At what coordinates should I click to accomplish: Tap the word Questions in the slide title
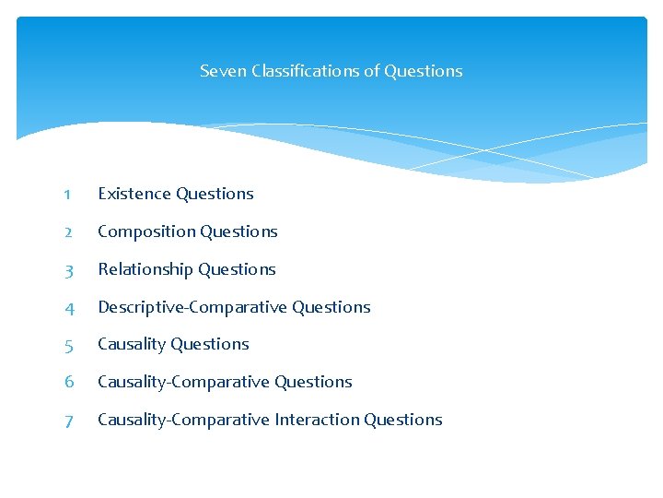pos(424,71)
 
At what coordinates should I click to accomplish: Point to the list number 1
pos(68,195)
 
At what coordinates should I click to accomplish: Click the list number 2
pos(68,232)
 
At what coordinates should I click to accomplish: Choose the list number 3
pos(68,270)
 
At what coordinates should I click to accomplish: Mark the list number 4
pos(68,308)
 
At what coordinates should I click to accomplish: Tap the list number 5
pos(68,345)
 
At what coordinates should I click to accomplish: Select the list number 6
pos(68,383)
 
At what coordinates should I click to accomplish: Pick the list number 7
pos(68,421)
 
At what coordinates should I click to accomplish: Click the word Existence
pos(134,194)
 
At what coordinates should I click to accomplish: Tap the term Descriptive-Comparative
pos(192,307)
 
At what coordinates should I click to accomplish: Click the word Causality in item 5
pos(132,344)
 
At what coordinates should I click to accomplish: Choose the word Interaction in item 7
pos(317,420)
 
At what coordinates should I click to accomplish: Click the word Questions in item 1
pos(215,194)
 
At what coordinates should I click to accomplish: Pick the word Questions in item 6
pos(313,382)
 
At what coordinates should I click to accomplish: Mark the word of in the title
pos(372,71)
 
